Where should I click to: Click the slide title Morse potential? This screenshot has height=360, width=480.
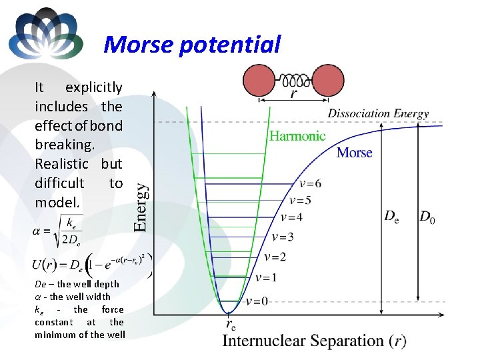pos(193,45)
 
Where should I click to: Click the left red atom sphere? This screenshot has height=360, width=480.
pos(263,81)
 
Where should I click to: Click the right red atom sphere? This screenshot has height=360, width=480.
pos(324,81)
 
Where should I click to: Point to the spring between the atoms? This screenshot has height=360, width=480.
pos(294,81)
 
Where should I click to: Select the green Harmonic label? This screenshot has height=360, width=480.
pos(297,136)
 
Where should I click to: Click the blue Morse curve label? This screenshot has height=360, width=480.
pos(354,153)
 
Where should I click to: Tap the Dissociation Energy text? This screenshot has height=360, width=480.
pos(378,113)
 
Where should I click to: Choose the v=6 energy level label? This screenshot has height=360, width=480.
pos(310,184)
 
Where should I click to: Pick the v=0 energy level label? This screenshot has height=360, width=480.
pos(257,301)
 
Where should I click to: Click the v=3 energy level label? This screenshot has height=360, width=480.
pos(283,237)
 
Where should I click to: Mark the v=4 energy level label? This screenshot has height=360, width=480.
pos(291,217)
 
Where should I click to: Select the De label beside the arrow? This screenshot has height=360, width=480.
pos(391,217)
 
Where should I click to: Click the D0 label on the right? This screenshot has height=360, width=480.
pos(427,217)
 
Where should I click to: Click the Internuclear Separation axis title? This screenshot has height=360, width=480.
pos(314,341)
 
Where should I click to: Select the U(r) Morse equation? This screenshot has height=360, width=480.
pos(90,265)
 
